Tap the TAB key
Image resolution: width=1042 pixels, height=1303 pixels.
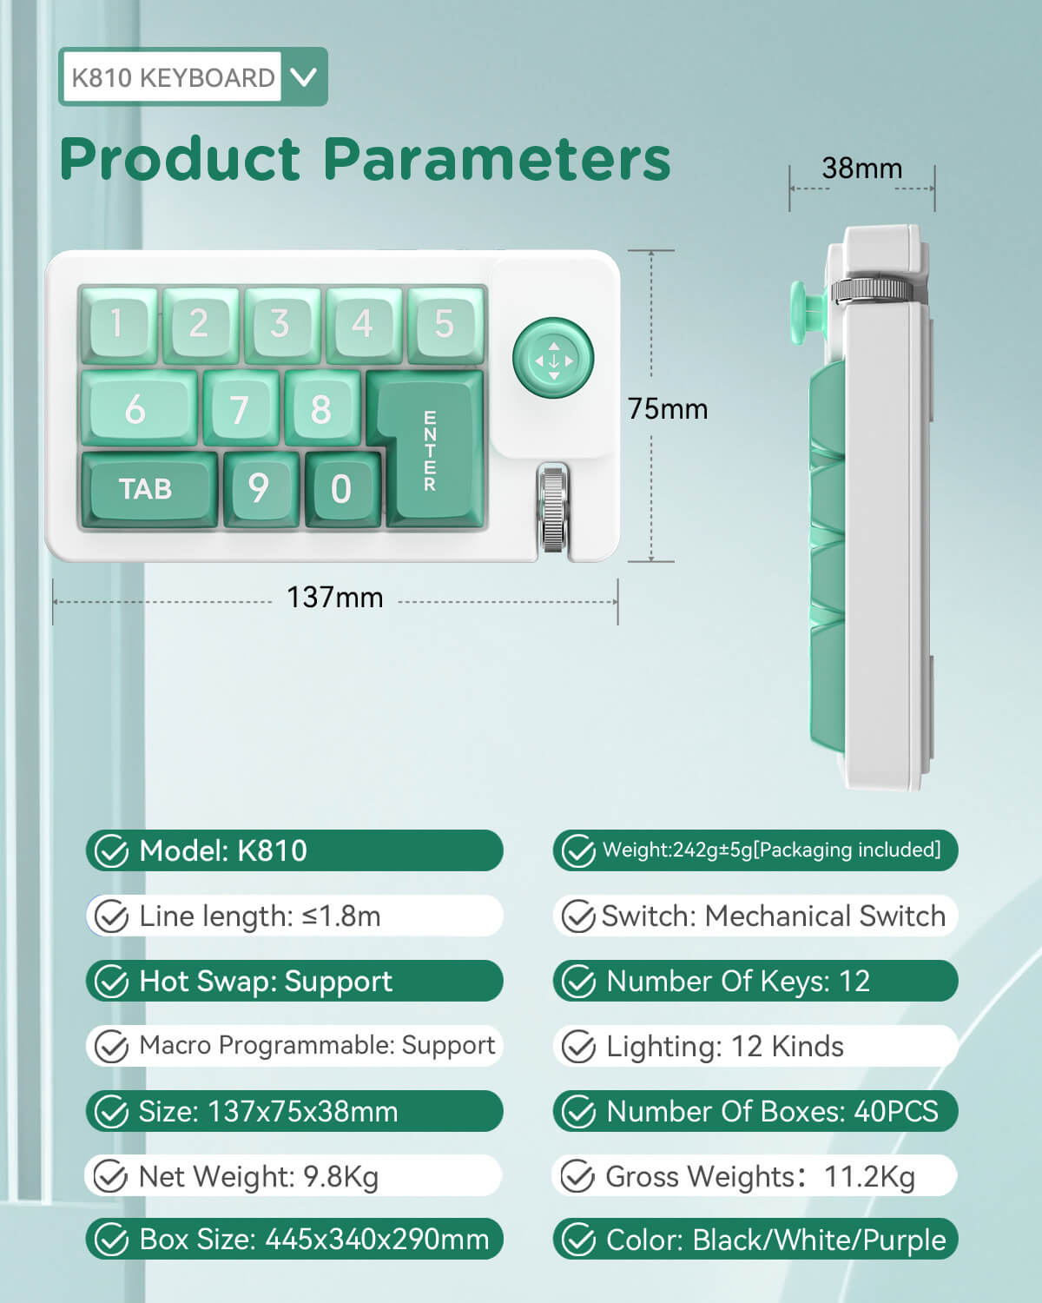click(x=149, y=488)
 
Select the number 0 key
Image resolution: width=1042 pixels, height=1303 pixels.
click(x=342, y=489)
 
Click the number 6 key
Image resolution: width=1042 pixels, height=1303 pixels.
click(x=139, y=408)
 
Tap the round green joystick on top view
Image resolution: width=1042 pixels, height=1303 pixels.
click(x=553, y=358)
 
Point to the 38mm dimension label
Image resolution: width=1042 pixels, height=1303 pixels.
click(x=861, y=169)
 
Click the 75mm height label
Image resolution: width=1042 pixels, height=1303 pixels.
click(x=667, y=408)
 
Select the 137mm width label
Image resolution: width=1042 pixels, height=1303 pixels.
click(x=335, y=598)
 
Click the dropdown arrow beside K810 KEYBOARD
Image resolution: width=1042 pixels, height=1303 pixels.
click(x=303, y=77)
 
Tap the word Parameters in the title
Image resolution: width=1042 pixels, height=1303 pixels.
click(x=497, y=159)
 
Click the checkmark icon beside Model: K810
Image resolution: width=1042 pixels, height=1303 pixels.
click(x=112, y=851)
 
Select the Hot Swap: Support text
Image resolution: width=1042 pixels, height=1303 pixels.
click(x=266, y=982)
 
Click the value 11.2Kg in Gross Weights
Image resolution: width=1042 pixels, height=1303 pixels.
click(x=869, y=1177)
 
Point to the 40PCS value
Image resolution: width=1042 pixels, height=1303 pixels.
click(x=896, y=1112)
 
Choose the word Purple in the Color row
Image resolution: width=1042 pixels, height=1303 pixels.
click(x=904, y=1240)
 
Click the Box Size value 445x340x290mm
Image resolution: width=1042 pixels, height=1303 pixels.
click(x=377, y=1240)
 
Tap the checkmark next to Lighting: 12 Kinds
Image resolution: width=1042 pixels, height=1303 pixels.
click(x=579, y=1047)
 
